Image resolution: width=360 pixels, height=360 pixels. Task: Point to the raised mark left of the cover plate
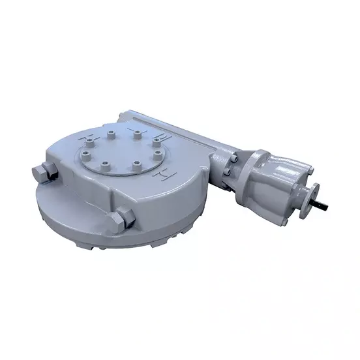pos(83,140)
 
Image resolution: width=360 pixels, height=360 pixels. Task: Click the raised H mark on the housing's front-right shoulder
pos(157,177)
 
